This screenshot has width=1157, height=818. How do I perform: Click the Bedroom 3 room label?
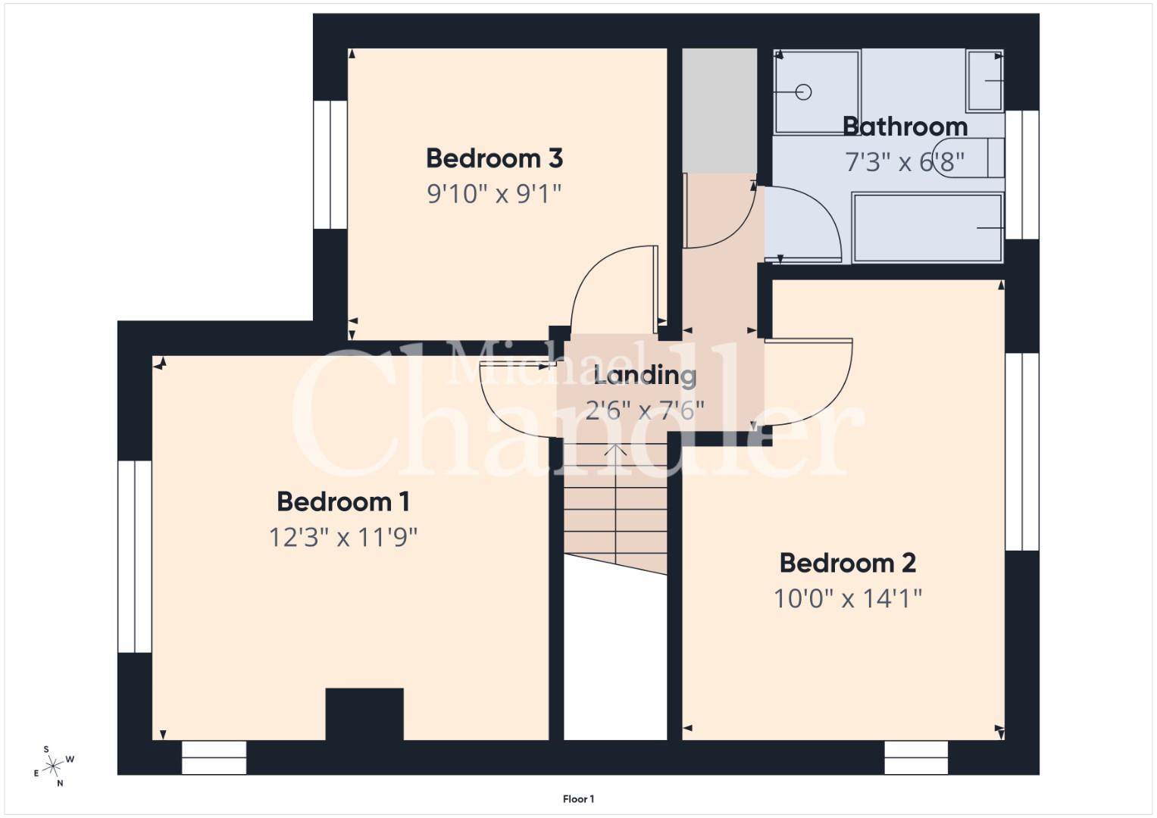pyautogui.click(x=494, y=158)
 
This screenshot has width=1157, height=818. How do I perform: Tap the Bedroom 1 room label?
pyautogui.click(x=343, y=502)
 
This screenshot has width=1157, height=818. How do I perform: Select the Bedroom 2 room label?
pyautogui.click(x=848, y=563)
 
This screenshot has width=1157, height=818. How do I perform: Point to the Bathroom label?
pyautogui.click(x=905, y=126)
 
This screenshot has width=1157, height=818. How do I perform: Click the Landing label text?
pyautogui.click(x=645, y=376)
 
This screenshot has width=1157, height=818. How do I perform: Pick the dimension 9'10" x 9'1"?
pyautogui.click(x=494, y=194)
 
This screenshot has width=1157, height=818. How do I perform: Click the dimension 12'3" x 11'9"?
pyautogui.click(x=343, y=538)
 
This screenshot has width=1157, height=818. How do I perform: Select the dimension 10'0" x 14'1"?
pyautogui.click(x=848, y=598)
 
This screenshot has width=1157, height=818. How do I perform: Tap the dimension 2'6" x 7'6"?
pyautogui.click(x=645, y=411)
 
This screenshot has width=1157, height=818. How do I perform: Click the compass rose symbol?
pyautogui.click(x=53, y=766)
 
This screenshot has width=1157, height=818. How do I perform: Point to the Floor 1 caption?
pyautogui.click(x=579, y=799)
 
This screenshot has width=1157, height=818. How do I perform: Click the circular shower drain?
pyautogui.click(x=803, y=92)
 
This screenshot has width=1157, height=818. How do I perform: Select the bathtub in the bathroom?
pyautogui.click(x=927, y=228)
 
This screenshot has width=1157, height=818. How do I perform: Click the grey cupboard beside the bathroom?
pyautogui.click(x=720, y=111)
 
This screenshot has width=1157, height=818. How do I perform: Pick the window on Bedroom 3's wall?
pyautogui.click(x=330, y=164)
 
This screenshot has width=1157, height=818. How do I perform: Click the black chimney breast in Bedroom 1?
pyautogui.click(x=364, y=713)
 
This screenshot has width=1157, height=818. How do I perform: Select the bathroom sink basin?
pyautogui.click(x=985, y=80)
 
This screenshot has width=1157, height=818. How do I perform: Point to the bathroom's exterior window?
pyautogui.click(x=1021, y=174)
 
